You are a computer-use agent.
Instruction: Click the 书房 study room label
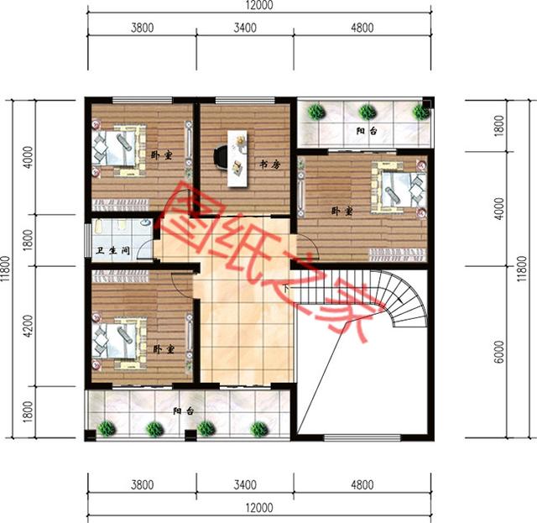pos(268,165)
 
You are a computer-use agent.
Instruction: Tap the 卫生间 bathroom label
pos(112,250)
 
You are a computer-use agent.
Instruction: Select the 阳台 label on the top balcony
pos(365,131)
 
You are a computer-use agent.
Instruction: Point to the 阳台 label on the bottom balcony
pos(184,411)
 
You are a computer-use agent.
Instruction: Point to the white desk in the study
pos(238,157)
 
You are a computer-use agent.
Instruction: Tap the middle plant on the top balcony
pos(367,111)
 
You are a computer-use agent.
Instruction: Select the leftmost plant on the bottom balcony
pos(107,428)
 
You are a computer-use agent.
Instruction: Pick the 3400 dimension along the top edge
pos(244,28)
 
